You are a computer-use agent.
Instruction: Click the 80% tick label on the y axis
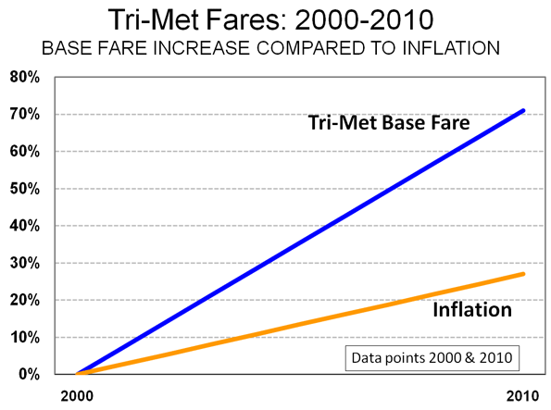25,77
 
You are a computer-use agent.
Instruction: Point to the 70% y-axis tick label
25,114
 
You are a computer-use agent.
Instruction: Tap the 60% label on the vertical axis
25,152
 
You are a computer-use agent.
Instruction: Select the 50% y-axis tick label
25,189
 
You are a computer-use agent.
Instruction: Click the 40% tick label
25,226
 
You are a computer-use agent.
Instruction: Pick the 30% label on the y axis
25,263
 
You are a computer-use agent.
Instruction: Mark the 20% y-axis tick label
25,300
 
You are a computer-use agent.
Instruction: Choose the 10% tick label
25,337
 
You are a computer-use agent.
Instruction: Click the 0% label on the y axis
29,374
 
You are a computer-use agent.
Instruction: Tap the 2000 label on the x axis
77,396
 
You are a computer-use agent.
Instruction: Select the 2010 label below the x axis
522,396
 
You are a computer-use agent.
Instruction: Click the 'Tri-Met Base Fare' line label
389,122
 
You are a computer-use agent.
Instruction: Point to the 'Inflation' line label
472,310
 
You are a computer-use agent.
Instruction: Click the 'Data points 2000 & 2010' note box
432,358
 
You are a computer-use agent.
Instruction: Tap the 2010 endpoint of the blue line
523,111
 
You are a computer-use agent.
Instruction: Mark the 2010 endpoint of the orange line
523,274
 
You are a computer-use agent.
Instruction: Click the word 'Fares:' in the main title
247,19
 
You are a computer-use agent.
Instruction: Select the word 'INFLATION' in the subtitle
451,48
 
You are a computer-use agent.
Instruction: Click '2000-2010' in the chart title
364,19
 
